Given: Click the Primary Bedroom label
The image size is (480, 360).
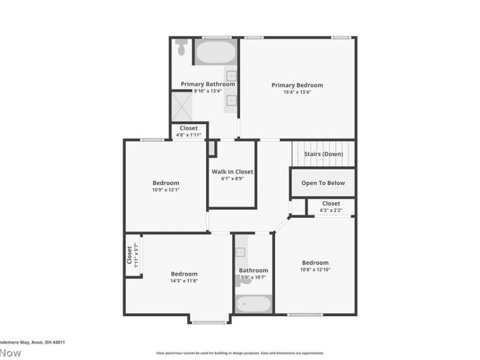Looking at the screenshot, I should [297, 85].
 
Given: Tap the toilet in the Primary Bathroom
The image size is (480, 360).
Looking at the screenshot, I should [181, 47].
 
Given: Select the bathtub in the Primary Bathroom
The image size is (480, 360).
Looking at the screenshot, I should [215, 52].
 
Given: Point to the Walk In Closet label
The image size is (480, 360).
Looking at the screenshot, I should [232, 172].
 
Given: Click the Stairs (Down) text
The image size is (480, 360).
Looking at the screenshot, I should [323, 154].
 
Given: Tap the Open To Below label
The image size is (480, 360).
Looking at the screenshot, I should [323, 183].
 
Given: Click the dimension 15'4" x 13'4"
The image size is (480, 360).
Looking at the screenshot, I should [297, 92].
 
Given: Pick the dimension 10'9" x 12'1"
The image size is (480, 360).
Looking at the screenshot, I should [166, 190].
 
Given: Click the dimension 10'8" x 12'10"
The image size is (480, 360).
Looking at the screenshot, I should [315, 270].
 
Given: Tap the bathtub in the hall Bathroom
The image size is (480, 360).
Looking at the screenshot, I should [253, 304].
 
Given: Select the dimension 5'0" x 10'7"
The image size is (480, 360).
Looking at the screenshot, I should [253, 277].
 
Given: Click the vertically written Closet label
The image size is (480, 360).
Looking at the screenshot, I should [129, 255].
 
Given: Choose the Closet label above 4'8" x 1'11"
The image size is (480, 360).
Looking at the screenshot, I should [188, 128].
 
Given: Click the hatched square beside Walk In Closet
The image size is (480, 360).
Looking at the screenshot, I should [211, 148].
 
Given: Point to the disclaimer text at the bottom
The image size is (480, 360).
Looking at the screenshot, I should [240, 353].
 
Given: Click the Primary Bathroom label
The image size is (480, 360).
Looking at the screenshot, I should [208, 84].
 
